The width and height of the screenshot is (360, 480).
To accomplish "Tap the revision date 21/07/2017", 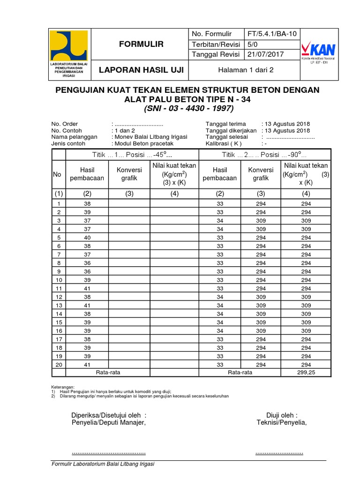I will tap(265, 54).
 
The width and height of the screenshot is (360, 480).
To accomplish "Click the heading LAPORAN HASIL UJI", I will tap(141, 71).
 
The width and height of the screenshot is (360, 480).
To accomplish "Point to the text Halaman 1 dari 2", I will tap(242, 70).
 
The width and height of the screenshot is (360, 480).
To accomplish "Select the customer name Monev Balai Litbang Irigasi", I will tap(151, 137).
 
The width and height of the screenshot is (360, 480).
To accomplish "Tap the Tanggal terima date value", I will tap(286, 124).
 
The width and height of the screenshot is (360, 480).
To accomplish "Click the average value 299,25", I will tap(306, 372).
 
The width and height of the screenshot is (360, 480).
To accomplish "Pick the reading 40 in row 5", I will tap(87, 238).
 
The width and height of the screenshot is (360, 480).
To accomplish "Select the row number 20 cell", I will tap(59, 364).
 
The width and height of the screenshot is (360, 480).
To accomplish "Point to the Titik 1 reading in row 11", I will tap(87, 288).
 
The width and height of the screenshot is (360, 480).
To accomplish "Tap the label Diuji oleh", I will tap(282, 415).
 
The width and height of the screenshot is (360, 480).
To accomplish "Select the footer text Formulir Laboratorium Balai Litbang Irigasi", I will tap(103, 464).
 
